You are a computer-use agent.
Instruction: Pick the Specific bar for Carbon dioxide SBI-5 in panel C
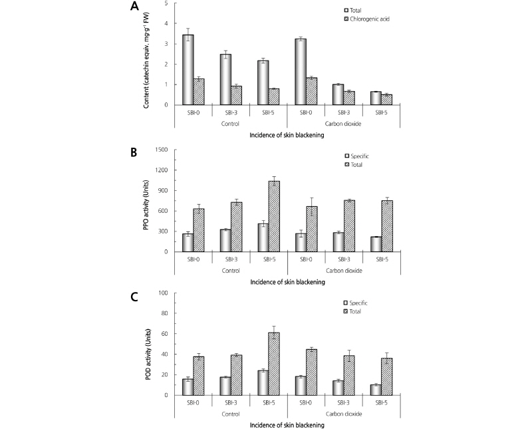tap(376, 390)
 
